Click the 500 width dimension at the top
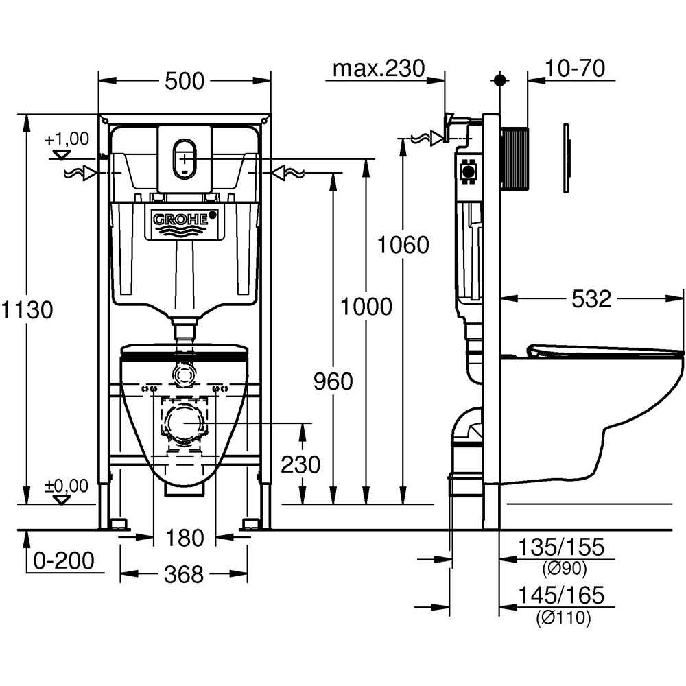[185, 80]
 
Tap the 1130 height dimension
[27, 309]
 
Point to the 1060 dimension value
[403, 245]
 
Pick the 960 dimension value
[333, 381]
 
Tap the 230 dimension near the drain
[300, 464]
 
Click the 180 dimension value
[184, 539]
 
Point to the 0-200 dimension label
[64, 560]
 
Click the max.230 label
[379, 68]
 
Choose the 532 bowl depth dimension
[591, 298]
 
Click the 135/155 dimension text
[562, 547]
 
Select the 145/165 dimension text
[562, 595]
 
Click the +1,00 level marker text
[67, 139]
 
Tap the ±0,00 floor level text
[67, 486]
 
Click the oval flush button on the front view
[185, 158]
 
